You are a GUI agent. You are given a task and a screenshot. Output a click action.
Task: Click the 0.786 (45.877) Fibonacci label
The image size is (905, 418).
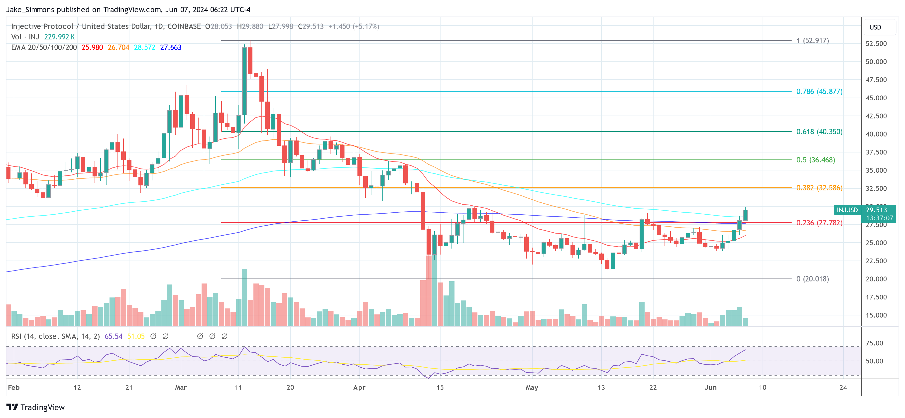[819, 91]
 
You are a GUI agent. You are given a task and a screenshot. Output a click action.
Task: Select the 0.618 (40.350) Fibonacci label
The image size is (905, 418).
[819, 132]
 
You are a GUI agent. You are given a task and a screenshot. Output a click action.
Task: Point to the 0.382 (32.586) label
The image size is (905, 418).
[819, 188]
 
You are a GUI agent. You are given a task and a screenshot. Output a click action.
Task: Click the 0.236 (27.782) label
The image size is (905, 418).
[819, 223]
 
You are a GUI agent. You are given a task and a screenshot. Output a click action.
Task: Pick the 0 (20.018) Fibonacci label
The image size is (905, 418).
[812, 279]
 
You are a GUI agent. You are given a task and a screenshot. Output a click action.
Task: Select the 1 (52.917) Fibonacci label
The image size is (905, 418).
[812, 40]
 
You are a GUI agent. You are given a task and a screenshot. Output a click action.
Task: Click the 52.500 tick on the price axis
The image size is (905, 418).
[876, 44]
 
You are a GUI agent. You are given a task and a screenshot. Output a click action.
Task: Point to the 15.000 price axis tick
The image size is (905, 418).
[876, 315]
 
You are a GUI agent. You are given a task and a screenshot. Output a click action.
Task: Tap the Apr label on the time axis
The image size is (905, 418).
[359, 387]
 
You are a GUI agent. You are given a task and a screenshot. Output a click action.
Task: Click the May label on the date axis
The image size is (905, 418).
[532, 387]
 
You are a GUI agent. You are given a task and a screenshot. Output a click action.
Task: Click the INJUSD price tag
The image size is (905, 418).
[847, 210]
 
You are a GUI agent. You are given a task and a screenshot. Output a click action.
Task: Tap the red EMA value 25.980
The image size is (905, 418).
[92, 47]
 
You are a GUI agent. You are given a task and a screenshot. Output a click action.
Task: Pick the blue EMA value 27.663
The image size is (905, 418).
[171, 47]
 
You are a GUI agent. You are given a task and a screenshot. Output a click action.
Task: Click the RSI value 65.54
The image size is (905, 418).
[113, 336]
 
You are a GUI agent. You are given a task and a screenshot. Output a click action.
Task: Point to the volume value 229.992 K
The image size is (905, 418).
[59, 37]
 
